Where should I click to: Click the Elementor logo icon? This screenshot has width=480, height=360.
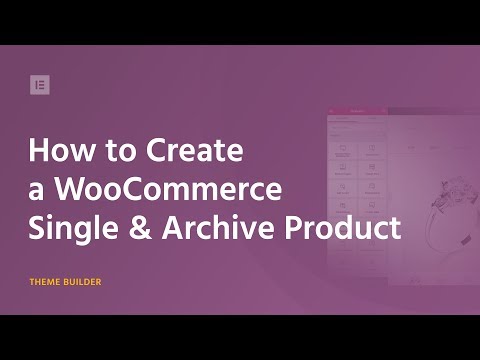point(39,84)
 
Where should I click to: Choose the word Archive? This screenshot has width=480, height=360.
point(217,227)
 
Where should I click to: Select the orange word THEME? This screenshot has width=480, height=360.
point(46,282)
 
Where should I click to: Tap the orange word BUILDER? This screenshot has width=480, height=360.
point(83,282)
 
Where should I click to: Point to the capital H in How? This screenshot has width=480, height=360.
point(39,152)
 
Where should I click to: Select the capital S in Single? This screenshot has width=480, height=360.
point(37,228)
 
